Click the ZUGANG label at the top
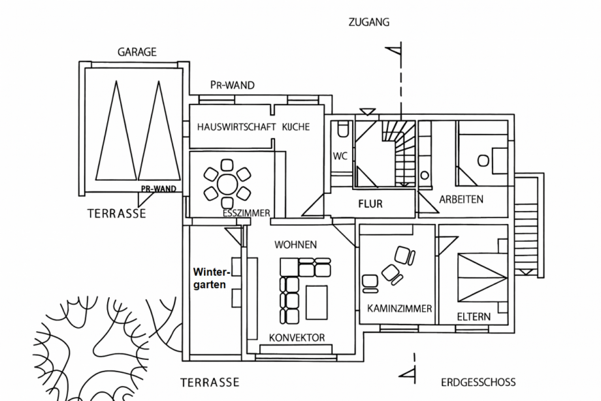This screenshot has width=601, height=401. point(369,22)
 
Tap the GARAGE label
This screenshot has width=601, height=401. point(137,52)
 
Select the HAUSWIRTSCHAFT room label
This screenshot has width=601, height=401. point(236,127)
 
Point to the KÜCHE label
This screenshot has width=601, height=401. point(296,127)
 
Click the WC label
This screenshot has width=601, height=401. point(340,156)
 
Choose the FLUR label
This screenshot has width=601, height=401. point(370,204)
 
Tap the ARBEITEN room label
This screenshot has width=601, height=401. point(461,199)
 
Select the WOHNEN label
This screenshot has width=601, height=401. point(295,245)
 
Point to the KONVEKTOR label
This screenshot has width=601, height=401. point(297,338)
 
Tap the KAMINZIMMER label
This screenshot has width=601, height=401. point(399,308)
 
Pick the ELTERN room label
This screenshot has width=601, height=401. point(474,317)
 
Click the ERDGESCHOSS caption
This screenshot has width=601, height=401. point(478,382)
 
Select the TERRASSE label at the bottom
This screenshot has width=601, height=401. point(210,382)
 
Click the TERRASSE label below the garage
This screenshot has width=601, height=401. point(117,214)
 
